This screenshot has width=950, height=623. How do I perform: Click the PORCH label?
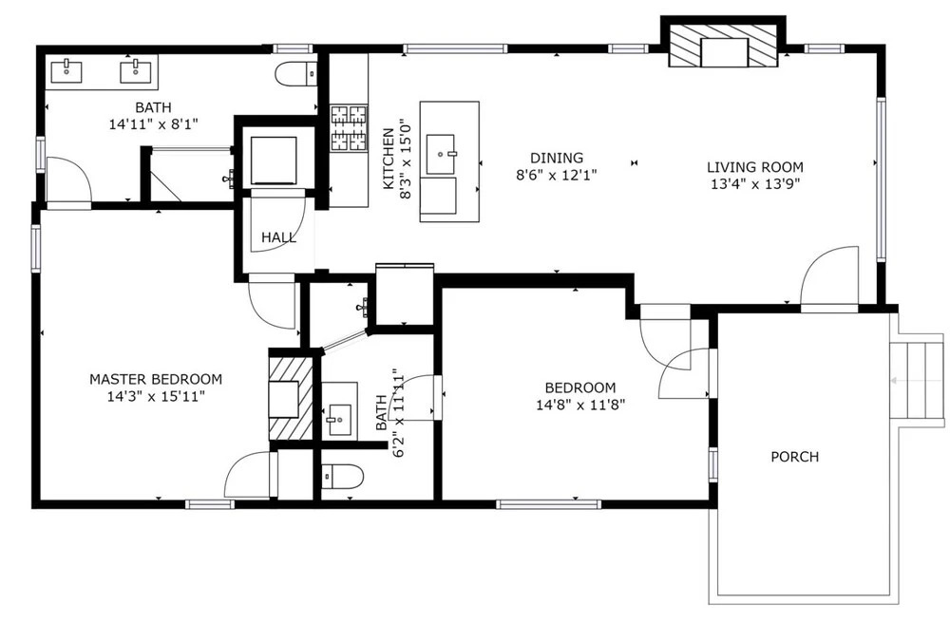[x=794, y=457]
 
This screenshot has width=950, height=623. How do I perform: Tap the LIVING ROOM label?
[x=755, y=167]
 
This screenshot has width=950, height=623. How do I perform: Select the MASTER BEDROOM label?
[x=156, y=380]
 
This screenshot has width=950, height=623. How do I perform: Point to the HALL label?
[x=278, y=237]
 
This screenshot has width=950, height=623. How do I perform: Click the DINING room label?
[x=557, y=158]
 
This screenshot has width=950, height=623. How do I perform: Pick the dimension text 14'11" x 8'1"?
[x=154, y=124]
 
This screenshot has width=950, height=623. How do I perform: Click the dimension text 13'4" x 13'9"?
[x=755, y=184]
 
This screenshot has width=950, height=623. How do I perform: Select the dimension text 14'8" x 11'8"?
[x=580, y=405]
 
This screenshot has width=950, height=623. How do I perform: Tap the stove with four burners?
[x=349, y=128]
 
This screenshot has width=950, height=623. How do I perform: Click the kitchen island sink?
[x=441, y=155]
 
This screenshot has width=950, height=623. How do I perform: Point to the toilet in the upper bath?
[x=295, y=74]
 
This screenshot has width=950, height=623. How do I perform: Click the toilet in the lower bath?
[x=341, y=476]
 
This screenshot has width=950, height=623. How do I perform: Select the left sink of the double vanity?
[x=66, y=71]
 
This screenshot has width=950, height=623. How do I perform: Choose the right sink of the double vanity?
[x=136, y=71]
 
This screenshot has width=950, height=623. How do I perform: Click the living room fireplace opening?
[x=725, y=52]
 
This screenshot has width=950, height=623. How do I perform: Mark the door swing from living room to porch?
[x=829, y=278]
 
